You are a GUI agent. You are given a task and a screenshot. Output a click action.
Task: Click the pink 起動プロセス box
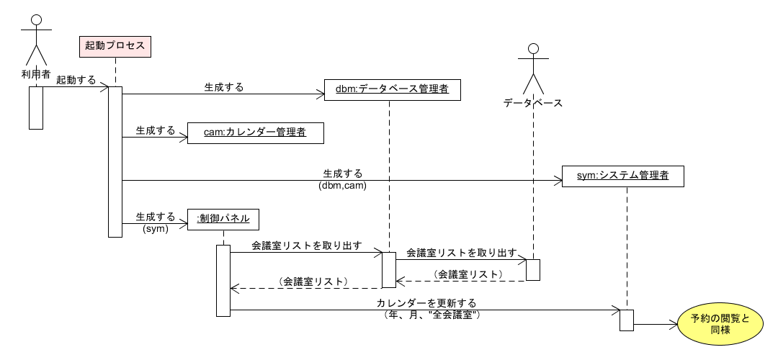click(x=115, y=46)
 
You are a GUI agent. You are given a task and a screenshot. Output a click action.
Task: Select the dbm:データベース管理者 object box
click(x=392, y=89)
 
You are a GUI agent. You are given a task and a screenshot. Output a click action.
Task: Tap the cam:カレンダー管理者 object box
click(x=255, y=132)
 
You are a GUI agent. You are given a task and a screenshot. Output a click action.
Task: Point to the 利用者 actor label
click(x=35, y=74)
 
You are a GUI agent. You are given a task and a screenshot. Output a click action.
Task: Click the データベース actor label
click(x=533, y=103)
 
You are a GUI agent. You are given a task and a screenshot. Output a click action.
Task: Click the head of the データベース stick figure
click(x=533, y=49)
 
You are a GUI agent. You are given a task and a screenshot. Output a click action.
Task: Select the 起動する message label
click(x=76, y=80)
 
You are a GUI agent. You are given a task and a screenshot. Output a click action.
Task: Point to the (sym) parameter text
click(x=155, y=228)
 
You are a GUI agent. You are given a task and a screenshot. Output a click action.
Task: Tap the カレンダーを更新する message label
click(x=426, y=303)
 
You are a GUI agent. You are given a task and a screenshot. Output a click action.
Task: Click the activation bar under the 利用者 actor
click(x=36, y=108)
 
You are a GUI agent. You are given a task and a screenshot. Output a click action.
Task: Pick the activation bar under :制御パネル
click(x=223, y=280)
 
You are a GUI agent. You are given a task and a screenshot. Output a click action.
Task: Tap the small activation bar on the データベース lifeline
click(x=533, y=269)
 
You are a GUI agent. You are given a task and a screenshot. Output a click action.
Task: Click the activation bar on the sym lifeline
click(x=626, y=319)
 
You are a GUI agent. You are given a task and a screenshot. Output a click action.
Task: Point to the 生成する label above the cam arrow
click(x=156, y=131)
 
